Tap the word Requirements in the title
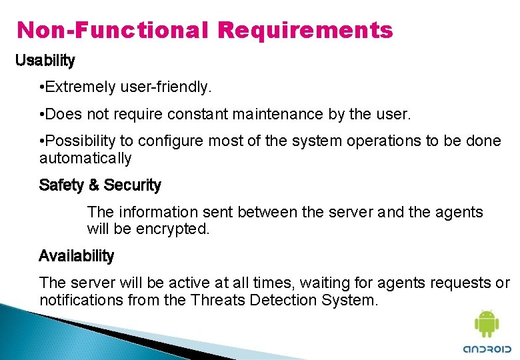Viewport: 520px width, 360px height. coord(305,30)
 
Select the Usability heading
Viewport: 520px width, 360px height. coord(45,61)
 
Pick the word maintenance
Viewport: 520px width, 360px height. coord(278,115)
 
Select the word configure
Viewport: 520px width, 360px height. coord(165,141)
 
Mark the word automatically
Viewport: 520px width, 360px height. coord(85,159)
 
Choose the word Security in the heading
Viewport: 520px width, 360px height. coord(133,185)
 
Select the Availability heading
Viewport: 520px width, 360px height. coord(77,256)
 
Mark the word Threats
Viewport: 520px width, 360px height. coord(218,300)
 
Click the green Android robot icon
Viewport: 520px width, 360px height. coord(486,324)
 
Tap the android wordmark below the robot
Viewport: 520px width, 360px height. coord(486,349)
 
